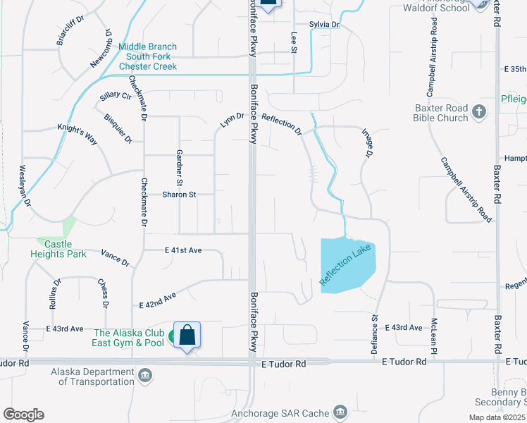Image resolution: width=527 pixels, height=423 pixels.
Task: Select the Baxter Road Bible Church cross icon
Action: point(478,111)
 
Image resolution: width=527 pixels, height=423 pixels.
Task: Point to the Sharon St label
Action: point(179,195)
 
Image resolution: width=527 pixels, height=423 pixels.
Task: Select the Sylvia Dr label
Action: point(324,25)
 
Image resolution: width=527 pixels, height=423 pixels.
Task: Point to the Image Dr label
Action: point(367,142)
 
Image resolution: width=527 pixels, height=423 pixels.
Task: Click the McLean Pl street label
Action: point(436,337)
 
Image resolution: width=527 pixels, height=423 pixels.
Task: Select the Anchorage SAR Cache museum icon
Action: point(340,410)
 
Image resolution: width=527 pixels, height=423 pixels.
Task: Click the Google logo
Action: point(23,415)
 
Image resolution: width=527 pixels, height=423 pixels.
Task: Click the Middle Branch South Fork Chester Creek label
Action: point(147,56)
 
